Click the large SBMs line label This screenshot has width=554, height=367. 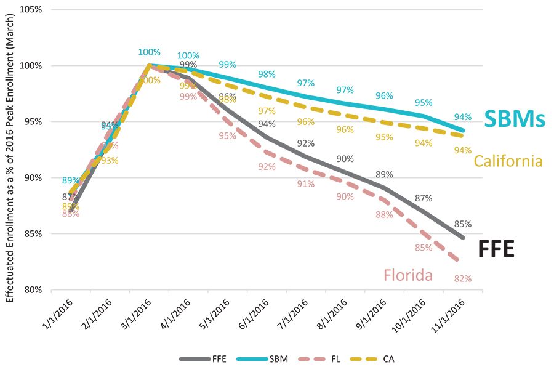click(515, 119)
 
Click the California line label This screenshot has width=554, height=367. click(508, 161)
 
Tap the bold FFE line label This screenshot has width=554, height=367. click(496, 249)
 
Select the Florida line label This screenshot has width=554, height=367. click(408, 275)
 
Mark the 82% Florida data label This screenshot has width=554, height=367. click(463, 279)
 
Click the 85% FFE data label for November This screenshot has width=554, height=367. click(463, 224)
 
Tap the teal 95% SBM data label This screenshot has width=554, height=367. click(424, 103)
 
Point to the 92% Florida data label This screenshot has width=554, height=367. click(267, 167)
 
